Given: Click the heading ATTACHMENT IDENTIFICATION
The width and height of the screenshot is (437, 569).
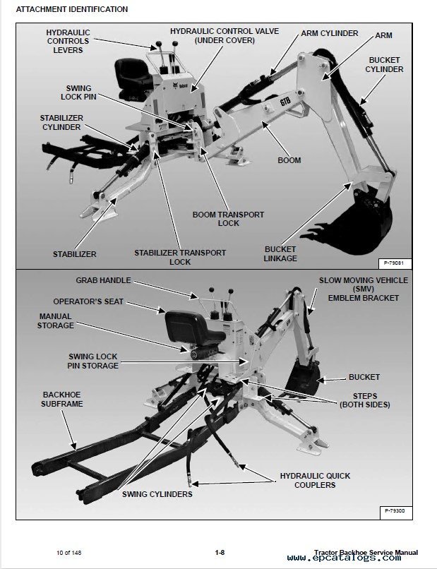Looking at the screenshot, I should [72, 10].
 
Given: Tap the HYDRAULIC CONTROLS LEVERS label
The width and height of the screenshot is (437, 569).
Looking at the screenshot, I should [68, 42].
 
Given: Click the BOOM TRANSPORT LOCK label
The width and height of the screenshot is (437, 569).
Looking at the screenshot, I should [229, 219].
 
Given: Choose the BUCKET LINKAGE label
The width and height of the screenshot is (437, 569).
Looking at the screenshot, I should [280, 253].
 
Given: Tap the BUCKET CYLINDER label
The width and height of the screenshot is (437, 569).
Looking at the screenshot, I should [384, 64].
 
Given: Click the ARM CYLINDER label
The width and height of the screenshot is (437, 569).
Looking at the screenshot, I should [329, 33].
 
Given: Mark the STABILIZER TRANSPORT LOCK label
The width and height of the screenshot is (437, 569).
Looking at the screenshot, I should [180, 257].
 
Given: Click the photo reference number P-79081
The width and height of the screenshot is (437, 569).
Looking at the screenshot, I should [397, 264].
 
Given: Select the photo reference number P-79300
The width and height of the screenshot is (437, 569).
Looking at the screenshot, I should [397, 510].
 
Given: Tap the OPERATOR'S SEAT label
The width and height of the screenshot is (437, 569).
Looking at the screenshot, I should [98, 301].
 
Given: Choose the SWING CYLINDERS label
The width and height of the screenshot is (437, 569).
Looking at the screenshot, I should [158, 494].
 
